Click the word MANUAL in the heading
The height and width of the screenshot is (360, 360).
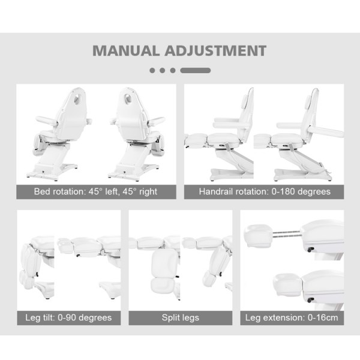(126, 50)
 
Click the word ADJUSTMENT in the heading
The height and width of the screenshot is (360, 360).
(215, 50)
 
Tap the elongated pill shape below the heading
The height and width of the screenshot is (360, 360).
(196, 70)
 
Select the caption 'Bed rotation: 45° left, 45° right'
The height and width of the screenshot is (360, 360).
(95, 191)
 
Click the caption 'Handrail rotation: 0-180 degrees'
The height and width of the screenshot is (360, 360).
(265, 191)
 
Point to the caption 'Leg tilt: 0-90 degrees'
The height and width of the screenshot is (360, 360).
(68, 317)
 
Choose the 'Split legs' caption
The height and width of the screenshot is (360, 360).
(181, 317)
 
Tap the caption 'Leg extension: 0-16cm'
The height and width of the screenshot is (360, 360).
(292, 317)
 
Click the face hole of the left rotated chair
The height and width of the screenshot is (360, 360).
(76, 98)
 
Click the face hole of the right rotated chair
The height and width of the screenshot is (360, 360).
(128, 98)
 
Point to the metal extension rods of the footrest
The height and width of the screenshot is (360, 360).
(286, 234)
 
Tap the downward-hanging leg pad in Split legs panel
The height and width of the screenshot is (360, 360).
(164, 272)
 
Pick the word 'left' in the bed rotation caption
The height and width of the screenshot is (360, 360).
(112, 191)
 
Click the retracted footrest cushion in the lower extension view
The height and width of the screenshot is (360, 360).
(287, 284)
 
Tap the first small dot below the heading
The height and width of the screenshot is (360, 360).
(152, 70)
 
